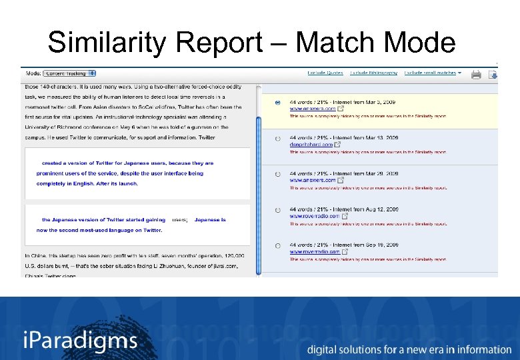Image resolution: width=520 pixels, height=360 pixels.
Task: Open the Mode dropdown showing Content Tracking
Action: [x=71, y=73]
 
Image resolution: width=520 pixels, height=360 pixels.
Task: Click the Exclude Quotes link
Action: [x=325, y=73]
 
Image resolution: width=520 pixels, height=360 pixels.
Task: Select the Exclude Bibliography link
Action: [x=374, y=73]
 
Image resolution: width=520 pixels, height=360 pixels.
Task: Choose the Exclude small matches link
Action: [x=431, y=73]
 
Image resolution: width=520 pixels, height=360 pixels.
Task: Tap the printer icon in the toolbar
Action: [x=476, y=75]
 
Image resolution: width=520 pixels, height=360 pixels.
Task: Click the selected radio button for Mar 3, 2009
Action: [x=277, y=103]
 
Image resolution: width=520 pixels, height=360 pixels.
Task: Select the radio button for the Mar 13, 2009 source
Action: [x=277, y=139]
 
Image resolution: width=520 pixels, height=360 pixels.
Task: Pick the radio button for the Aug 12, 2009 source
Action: [x=277, y=210]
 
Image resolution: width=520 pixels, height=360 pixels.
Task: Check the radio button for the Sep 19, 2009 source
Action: [x=277, y=246]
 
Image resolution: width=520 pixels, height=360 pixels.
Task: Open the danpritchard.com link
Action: [x=310, y=144]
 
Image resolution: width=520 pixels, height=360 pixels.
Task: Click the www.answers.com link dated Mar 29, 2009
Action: [x=312, y=180]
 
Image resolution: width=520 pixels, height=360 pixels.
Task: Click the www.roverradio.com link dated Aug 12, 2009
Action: [x=315, y=216]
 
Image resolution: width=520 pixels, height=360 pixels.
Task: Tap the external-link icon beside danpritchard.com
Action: [x=337, y=144]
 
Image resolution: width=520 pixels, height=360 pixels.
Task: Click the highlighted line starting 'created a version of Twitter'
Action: [x=127, y=163]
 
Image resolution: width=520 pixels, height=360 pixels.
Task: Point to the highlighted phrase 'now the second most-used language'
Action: [x=99, y=231]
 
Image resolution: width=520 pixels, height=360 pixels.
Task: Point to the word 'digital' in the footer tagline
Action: [x=323, y=349]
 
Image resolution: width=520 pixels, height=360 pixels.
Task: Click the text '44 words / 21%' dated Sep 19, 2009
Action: [x=311, y=245]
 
